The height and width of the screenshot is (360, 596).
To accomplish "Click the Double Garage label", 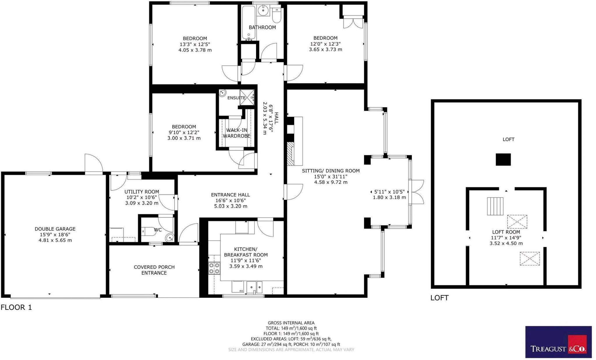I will pos(55,229).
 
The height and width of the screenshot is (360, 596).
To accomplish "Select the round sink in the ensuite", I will pos(223,93).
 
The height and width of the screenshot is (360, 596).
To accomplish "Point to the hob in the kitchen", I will pos(214,268).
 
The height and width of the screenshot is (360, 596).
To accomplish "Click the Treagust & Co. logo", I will pos(558,342).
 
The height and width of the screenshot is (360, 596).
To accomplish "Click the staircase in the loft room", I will pos(495,206).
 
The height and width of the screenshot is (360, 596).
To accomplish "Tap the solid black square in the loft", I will pos(503,160).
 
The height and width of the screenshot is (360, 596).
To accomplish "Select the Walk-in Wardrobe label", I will pos(236,133).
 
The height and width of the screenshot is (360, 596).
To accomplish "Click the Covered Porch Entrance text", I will pos(154,270).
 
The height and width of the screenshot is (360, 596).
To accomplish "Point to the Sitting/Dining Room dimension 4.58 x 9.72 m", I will pos(331,182).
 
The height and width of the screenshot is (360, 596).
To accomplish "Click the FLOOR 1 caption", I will pos(16,307).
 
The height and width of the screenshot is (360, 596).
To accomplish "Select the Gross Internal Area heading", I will pos(291,323).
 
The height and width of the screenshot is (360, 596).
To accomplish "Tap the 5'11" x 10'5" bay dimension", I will pos(389,192).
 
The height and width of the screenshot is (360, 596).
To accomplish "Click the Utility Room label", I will pos(142,192).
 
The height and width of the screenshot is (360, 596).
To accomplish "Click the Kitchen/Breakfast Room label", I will pos(246,252).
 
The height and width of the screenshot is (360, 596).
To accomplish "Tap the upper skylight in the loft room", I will pos(517,222).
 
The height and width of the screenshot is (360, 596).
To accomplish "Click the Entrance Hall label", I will pos(230,195).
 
